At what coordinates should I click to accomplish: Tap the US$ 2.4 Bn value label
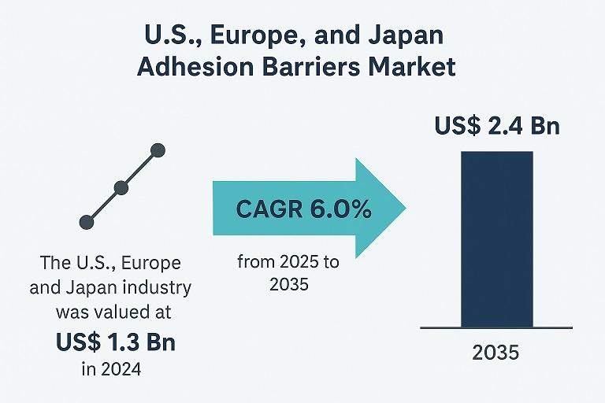point(497,125)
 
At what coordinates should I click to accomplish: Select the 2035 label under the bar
point(496,352)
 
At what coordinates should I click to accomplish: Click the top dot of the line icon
point(157,150)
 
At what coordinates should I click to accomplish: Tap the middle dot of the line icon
point(121,187)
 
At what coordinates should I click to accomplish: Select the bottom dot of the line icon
point(87,223)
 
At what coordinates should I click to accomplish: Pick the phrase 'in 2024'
point(110,368)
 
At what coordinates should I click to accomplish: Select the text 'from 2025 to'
point(288,263)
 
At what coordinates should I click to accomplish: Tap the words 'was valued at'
point(110,312)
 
